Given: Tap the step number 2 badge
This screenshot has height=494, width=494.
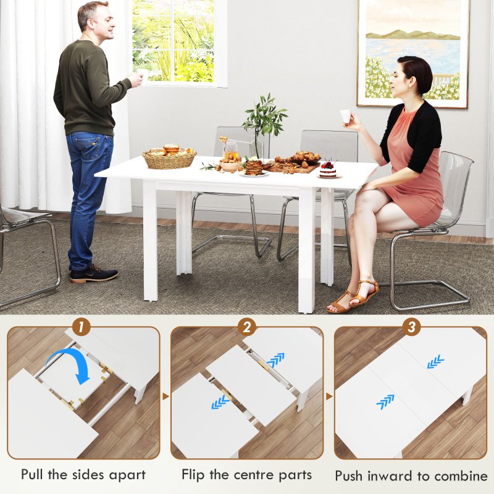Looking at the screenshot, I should (x=246, y=325).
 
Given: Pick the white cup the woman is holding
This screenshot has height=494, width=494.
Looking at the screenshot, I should (x=345, y=115).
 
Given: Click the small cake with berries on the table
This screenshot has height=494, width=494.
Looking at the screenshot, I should (x=328, y=169).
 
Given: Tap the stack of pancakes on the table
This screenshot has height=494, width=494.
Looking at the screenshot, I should (x=253, y=167).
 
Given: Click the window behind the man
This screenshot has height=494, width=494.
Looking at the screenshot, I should (x=174, y=41).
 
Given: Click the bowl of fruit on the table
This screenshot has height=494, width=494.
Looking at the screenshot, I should (x=230, y=164).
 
